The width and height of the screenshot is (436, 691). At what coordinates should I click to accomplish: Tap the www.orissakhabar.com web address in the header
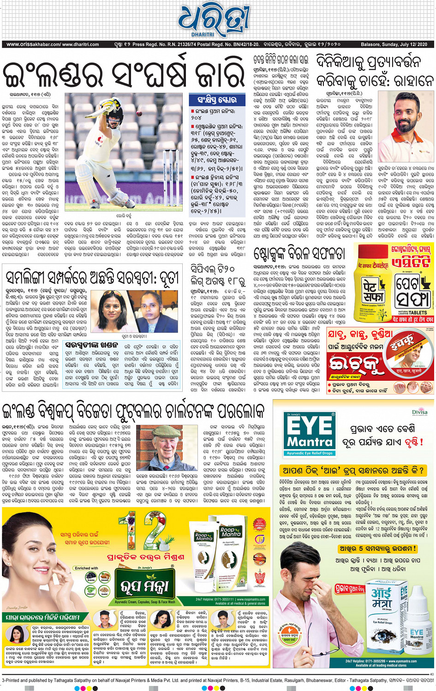33,44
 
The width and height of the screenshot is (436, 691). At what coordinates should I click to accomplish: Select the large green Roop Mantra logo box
145,584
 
